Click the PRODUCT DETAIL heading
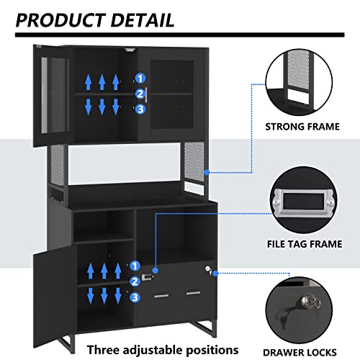pos(95,19)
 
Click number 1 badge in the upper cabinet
pos(139,78)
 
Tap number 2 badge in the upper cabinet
pos(139,94)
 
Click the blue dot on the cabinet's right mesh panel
pos(206,171)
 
